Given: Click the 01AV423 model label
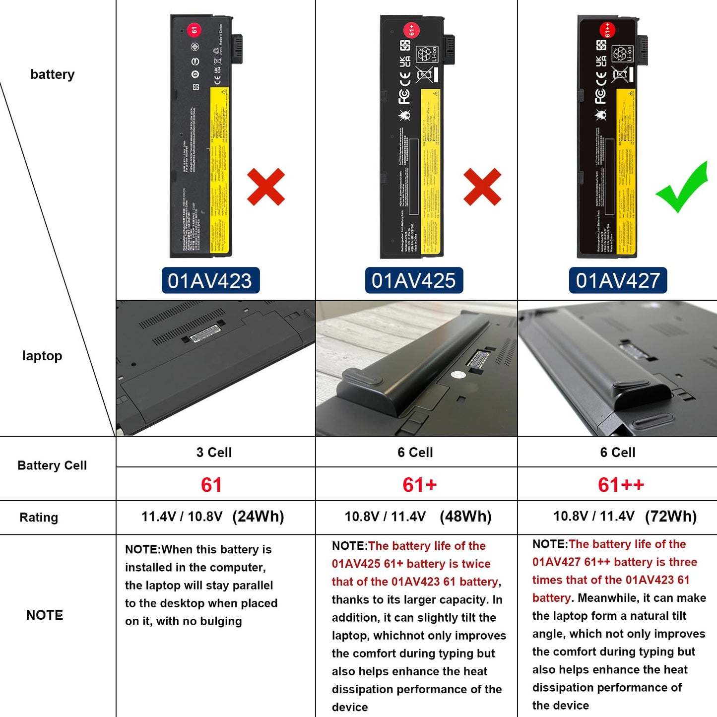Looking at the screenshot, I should tap(210, 281).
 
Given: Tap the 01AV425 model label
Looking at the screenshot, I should tap(414, 281).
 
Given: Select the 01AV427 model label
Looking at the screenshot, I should tap(618, 281).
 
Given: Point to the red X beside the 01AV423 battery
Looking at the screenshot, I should tap(266, 187).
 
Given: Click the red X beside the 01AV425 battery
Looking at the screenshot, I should tap(482, 187).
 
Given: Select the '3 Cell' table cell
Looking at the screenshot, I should tap(214, 453).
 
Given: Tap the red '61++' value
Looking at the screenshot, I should tap(621, 485).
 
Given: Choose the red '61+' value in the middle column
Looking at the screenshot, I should tap(419, 485).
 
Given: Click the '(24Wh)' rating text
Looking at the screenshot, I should tap(258, 517).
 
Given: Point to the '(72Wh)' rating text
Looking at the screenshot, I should tap(671, 517).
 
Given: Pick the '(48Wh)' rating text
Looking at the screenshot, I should tap(465, 517).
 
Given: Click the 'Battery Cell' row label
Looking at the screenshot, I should tap(52, 465).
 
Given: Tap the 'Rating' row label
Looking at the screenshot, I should tap(39, 518).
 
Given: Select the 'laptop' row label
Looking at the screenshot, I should tap(42, 356).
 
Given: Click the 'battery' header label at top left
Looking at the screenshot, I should tap(52, 74).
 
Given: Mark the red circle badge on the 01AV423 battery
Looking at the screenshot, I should tap(194, 29).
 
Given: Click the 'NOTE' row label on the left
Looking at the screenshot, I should tap(45, 615).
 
